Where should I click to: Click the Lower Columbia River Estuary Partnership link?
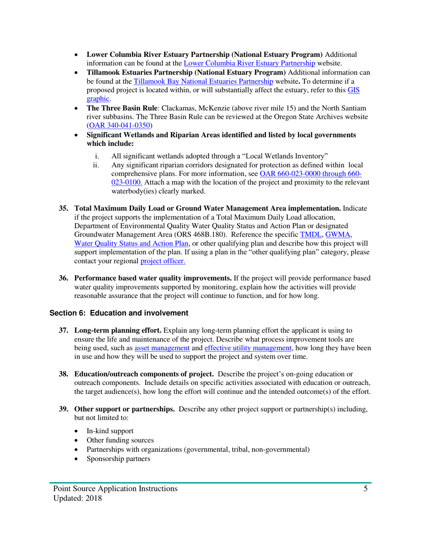click(x=249, y=63)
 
